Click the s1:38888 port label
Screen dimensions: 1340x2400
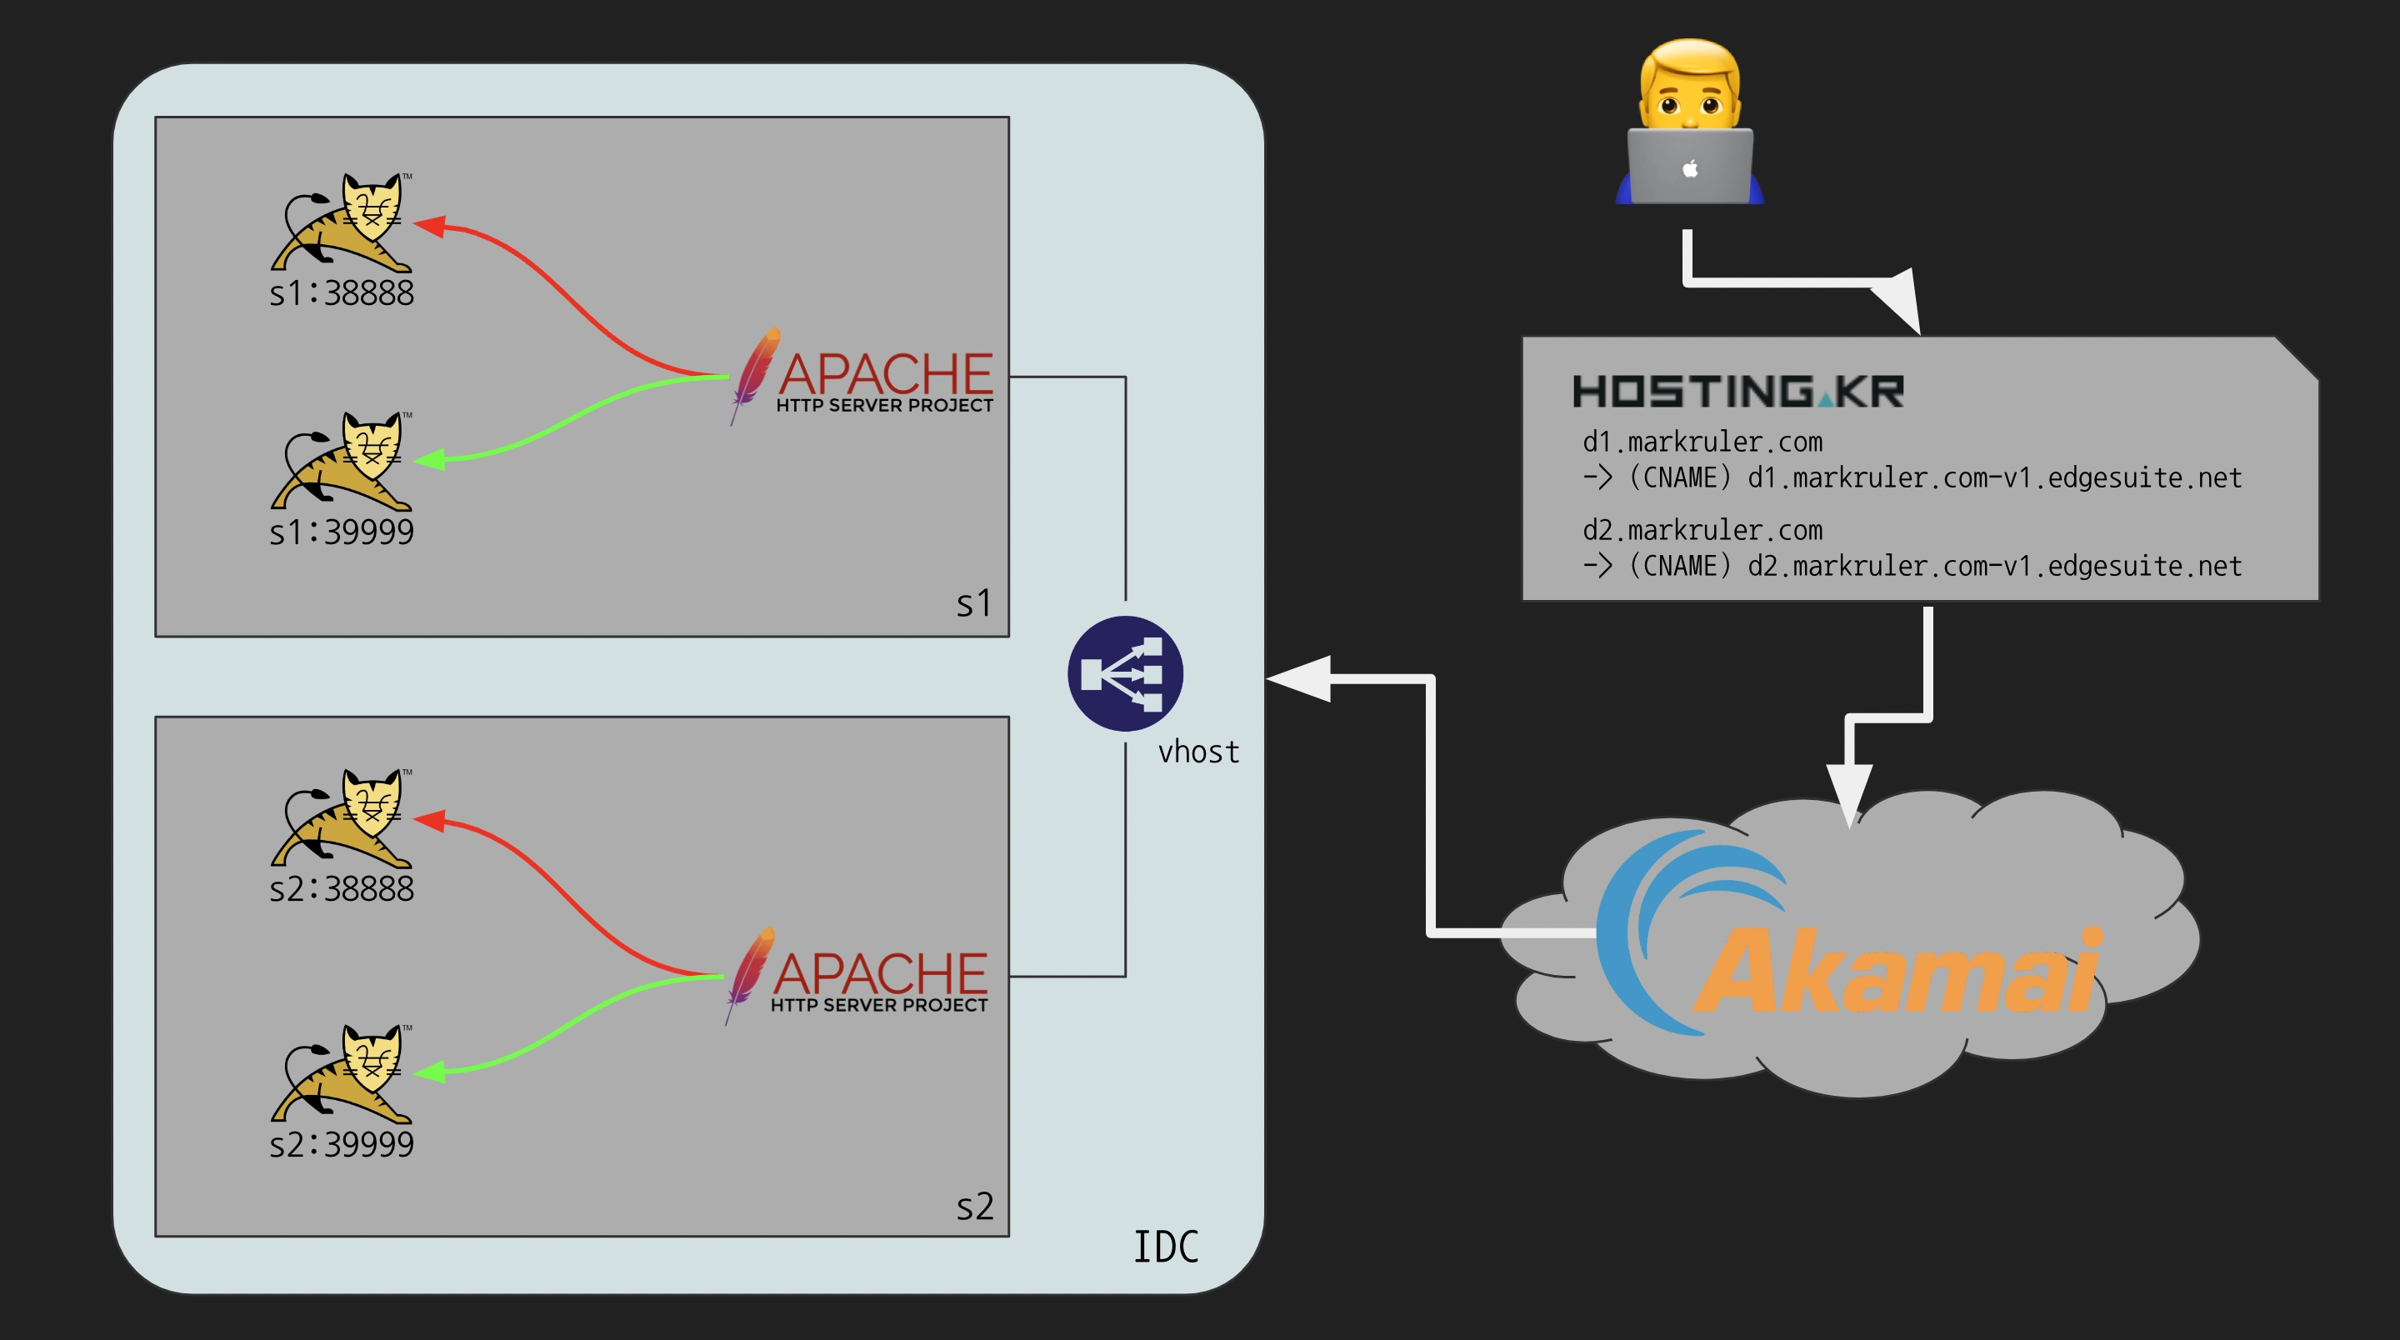(341, 293)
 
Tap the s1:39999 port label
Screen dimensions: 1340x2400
(341, 532)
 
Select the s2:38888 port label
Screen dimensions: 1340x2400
(341, 889)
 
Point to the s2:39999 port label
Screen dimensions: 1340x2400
(341, 1144)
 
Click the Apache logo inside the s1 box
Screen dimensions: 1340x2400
(862, 377)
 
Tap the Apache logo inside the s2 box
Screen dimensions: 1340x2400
(857, 977)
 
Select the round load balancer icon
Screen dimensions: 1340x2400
(1126, 672)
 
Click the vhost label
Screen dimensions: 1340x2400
(1198, 752)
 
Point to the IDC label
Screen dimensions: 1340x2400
(1166, 1247)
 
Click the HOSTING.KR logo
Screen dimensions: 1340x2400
(1737, 392)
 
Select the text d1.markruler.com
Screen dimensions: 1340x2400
(1702, 442)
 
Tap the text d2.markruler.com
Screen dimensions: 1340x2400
(1702, 530)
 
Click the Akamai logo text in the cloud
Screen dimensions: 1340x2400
(1897, 971)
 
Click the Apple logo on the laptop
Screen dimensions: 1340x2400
(1690, 168)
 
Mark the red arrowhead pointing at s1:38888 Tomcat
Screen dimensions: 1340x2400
(429, 224)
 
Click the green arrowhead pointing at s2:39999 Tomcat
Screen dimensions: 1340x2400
(429, 1072)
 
